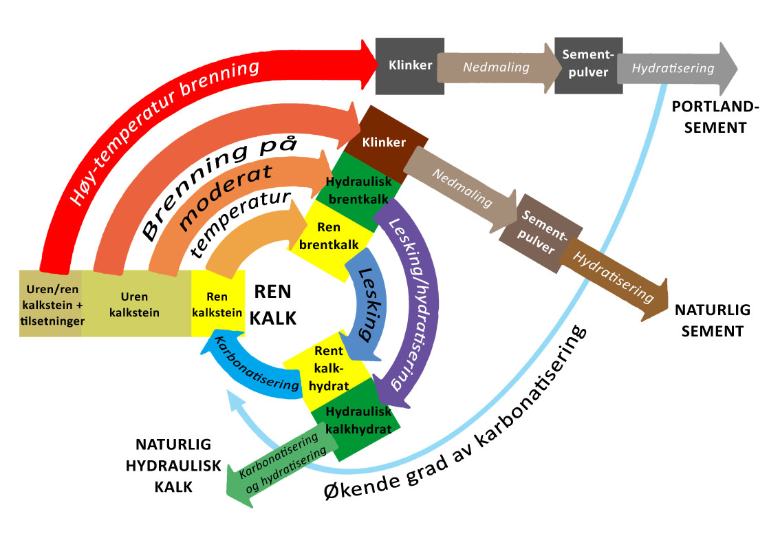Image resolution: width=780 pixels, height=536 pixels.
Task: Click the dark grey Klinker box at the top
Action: point(410,66)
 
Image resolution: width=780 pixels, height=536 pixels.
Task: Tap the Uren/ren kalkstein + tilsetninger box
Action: point(52,303)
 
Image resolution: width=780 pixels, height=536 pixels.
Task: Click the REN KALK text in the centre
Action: point(275,303)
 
